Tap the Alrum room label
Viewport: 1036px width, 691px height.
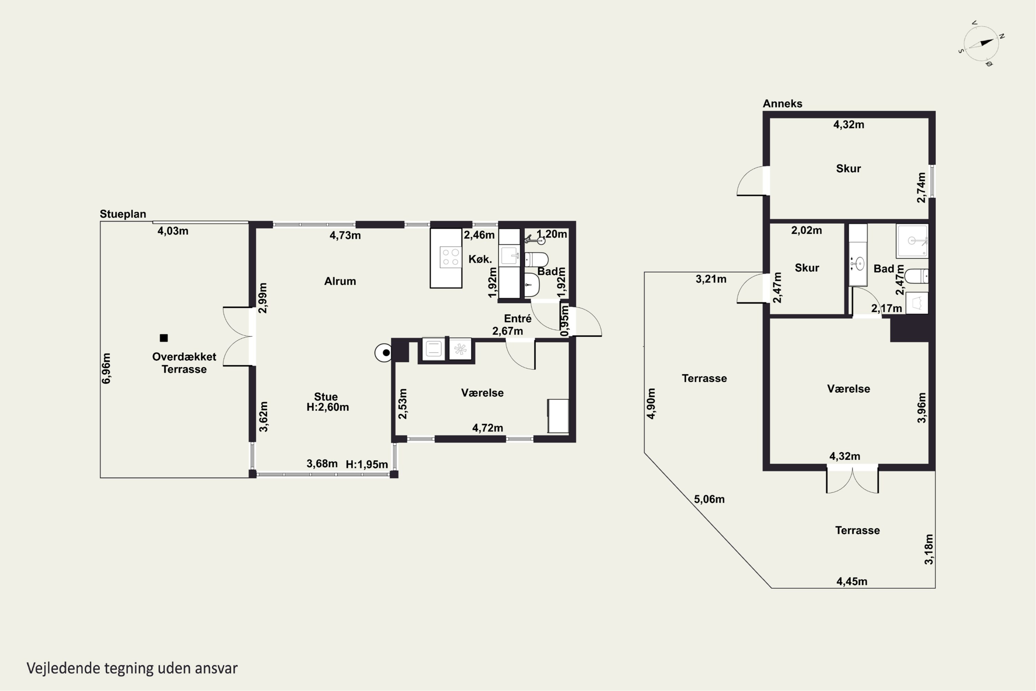pos(340,281)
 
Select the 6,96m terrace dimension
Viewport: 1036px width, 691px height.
pos(106,368)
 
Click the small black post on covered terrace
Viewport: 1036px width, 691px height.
pos(164,338)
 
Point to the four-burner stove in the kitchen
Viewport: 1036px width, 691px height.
pos(450,257)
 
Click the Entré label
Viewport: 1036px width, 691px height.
pos(518,318)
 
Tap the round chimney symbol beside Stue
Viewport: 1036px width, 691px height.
pos(384,352)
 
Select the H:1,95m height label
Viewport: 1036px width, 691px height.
pos(366,464)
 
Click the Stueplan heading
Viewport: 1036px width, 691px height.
pos(123,214)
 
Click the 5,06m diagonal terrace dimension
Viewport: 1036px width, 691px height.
pos(709,499)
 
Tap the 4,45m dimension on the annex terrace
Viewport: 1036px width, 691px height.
pos(852,582)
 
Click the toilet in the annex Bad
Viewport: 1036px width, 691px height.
pos(917,276)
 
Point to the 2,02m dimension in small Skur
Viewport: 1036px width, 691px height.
pos(806,230)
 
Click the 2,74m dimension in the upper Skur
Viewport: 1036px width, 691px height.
pos(921,187)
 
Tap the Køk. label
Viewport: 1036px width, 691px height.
pos(480,259)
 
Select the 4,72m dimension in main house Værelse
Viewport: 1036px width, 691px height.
pos(488,428)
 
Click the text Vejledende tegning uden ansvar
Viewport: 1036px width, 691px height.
pos(132,668)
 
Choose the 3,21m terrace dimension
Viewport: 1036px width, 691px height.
pos(711,279)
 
